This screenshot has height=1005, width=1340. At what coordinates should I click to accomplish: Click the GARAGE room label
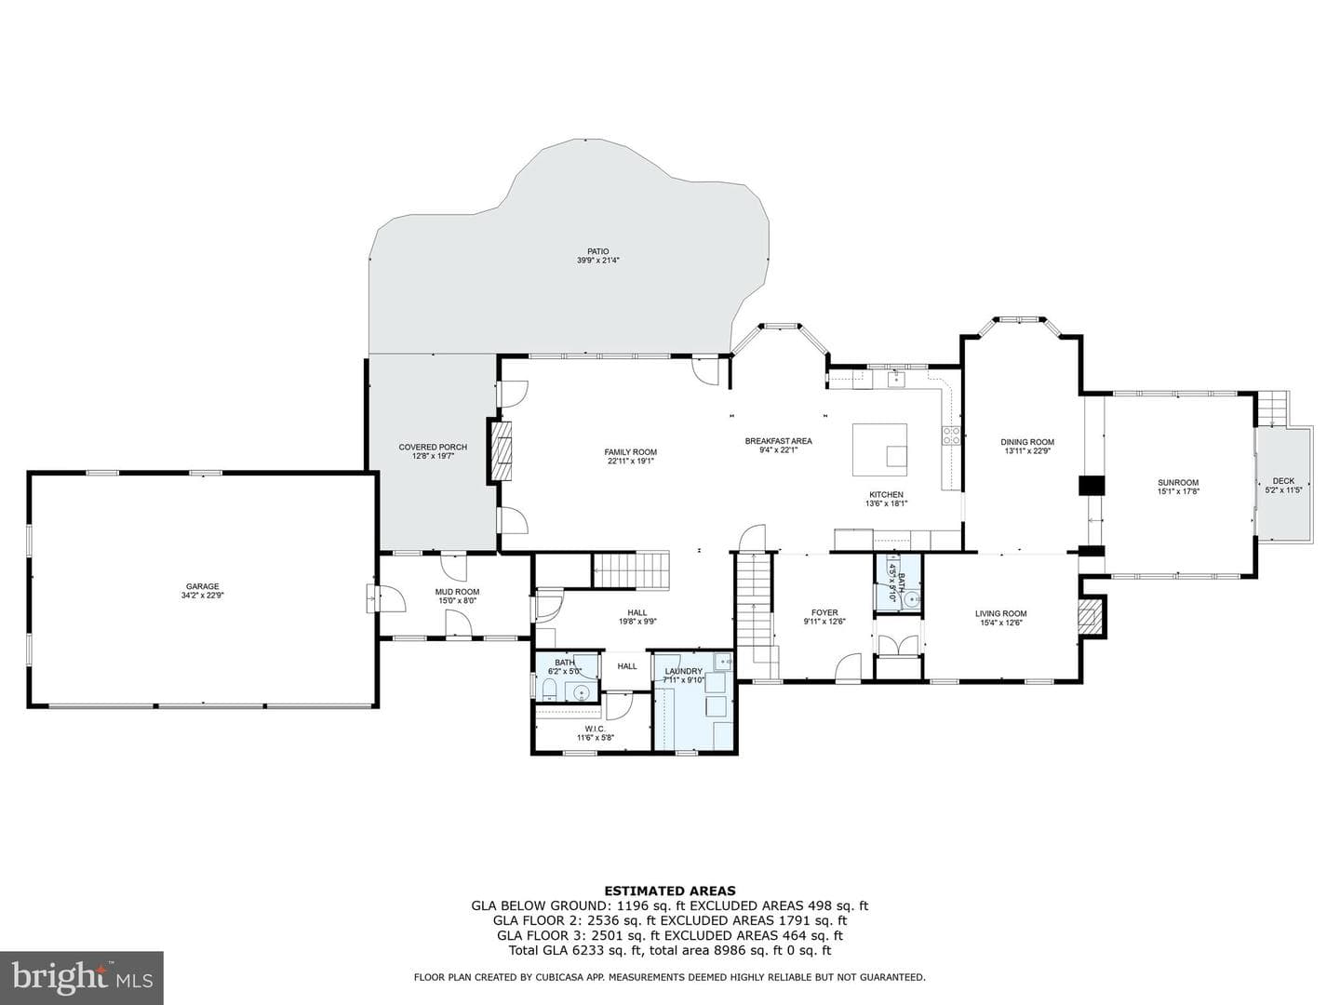tap(202, 586)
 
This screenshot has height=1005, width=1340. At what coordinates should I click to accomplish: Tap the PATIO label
tap(597, 251)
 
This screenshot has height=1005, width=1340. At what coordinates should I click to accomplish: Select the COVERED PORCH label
tap(433, 448)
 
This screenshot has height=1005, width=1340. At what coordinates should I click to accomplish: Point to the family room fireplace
tap(500, 451)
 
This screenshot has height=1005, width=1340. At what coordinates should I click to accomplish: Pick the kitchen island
tap(879, 449)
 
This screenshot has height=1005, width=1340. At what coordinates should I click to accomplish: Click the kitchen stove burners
tap(951, 435)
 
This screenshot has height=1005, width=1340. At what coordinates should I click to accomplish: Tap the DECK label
tap(1283, 481)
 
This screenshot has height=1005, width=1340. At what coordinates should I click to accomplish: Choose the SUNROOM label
tap(1177, 482)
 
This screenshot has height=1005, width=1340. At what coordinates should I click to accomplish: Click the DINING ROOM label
tap(1027, 442)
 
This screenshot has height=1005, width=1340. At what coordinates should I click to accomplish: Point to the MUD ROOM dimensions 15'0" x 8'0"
tap(457, 600)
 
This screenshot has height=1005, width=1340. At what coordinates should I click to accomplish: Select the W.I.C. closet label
tap(596, 729)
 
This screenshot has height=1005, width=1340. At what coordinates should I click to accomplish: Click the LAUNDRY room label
tap(683, 671)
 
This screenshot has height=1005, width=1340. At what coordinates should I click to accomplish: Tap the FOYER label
tap(824, 612)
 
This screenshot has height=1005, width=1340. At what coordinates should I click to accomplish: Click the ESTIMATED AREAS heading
tap(670, 891)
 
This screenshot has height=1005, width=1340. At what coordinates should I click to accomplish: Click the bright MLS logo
tap(82, 977)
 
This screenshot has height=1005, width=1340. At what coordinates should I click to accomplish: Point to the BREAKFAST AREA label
tap(778, 440)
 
